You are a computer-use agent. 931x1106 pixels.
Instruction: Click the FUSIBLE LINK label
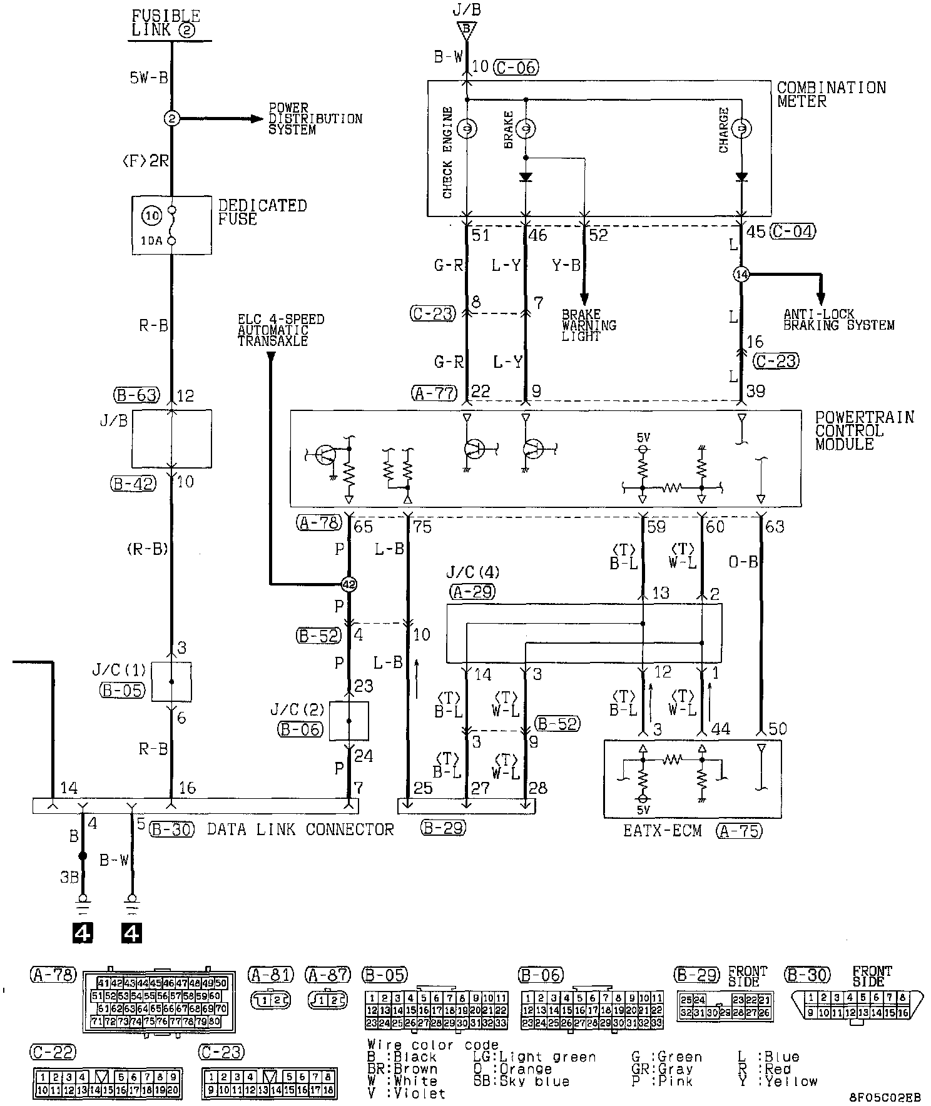click(x=166, y=23)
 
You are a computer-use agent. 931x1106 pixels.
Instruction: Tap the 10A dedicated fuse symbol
click(x=171, y=225)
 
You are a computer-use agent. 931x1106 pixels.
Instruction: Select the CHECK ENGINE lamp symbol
click(x=467, y=129)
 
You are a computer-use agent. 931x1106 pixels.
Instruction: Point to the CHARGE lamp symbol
click(x=741, y=129)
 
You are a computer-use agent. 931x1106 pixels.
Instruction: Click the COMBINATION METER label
click(x=831, y=94)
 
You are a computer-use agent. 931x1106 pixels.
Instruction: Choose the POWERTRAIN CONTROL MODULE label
click(x=864, y=430)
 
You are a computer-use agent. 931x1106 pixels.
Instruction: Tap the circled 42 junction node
click(x=348, y=585)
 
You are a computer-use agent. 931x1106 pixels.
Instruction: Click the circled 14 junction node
click(x=741, y=275)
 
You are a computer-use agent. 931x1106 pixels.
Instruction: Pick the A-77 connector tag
click(x=435, y=393)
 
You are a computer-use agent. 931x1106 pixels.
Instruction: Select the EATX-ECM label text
click(x=662, y=831)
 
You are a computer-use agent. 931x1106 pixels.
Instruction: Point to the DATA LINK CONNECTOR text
click(x=300, y=829)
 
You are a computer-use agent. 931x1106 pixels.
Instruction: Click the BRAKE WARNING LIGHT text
click(x=589, y=325)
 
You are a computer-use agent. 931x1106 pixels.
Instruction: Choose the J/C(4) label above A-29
click(x=473, y=572)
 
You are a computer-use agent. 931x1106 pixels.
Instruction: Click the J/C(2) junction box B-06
click(x=349, y=721)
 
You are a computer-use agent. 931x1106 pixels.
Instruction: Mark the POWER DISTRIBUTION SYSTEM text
click(x=315, y=119)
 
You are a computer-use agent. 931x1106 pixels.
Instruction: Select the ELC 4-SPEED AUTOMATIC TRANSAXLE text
click(x=280, y=330)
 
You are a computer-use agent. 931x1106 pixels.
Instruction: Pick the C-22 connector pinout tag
click(x=53, y=1052)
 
